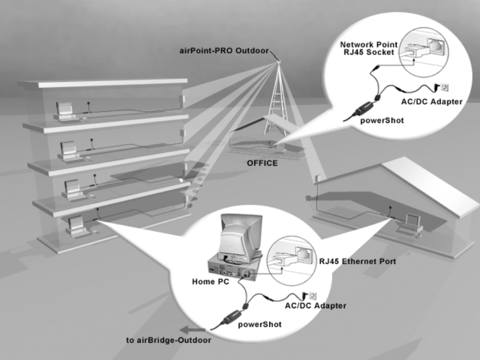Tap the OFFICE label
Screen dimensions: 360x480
(262, 164)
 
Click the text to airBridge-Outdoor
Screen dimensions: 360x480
(169, 339)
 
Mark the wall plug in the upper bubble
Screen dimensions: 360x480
(444, 86)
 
